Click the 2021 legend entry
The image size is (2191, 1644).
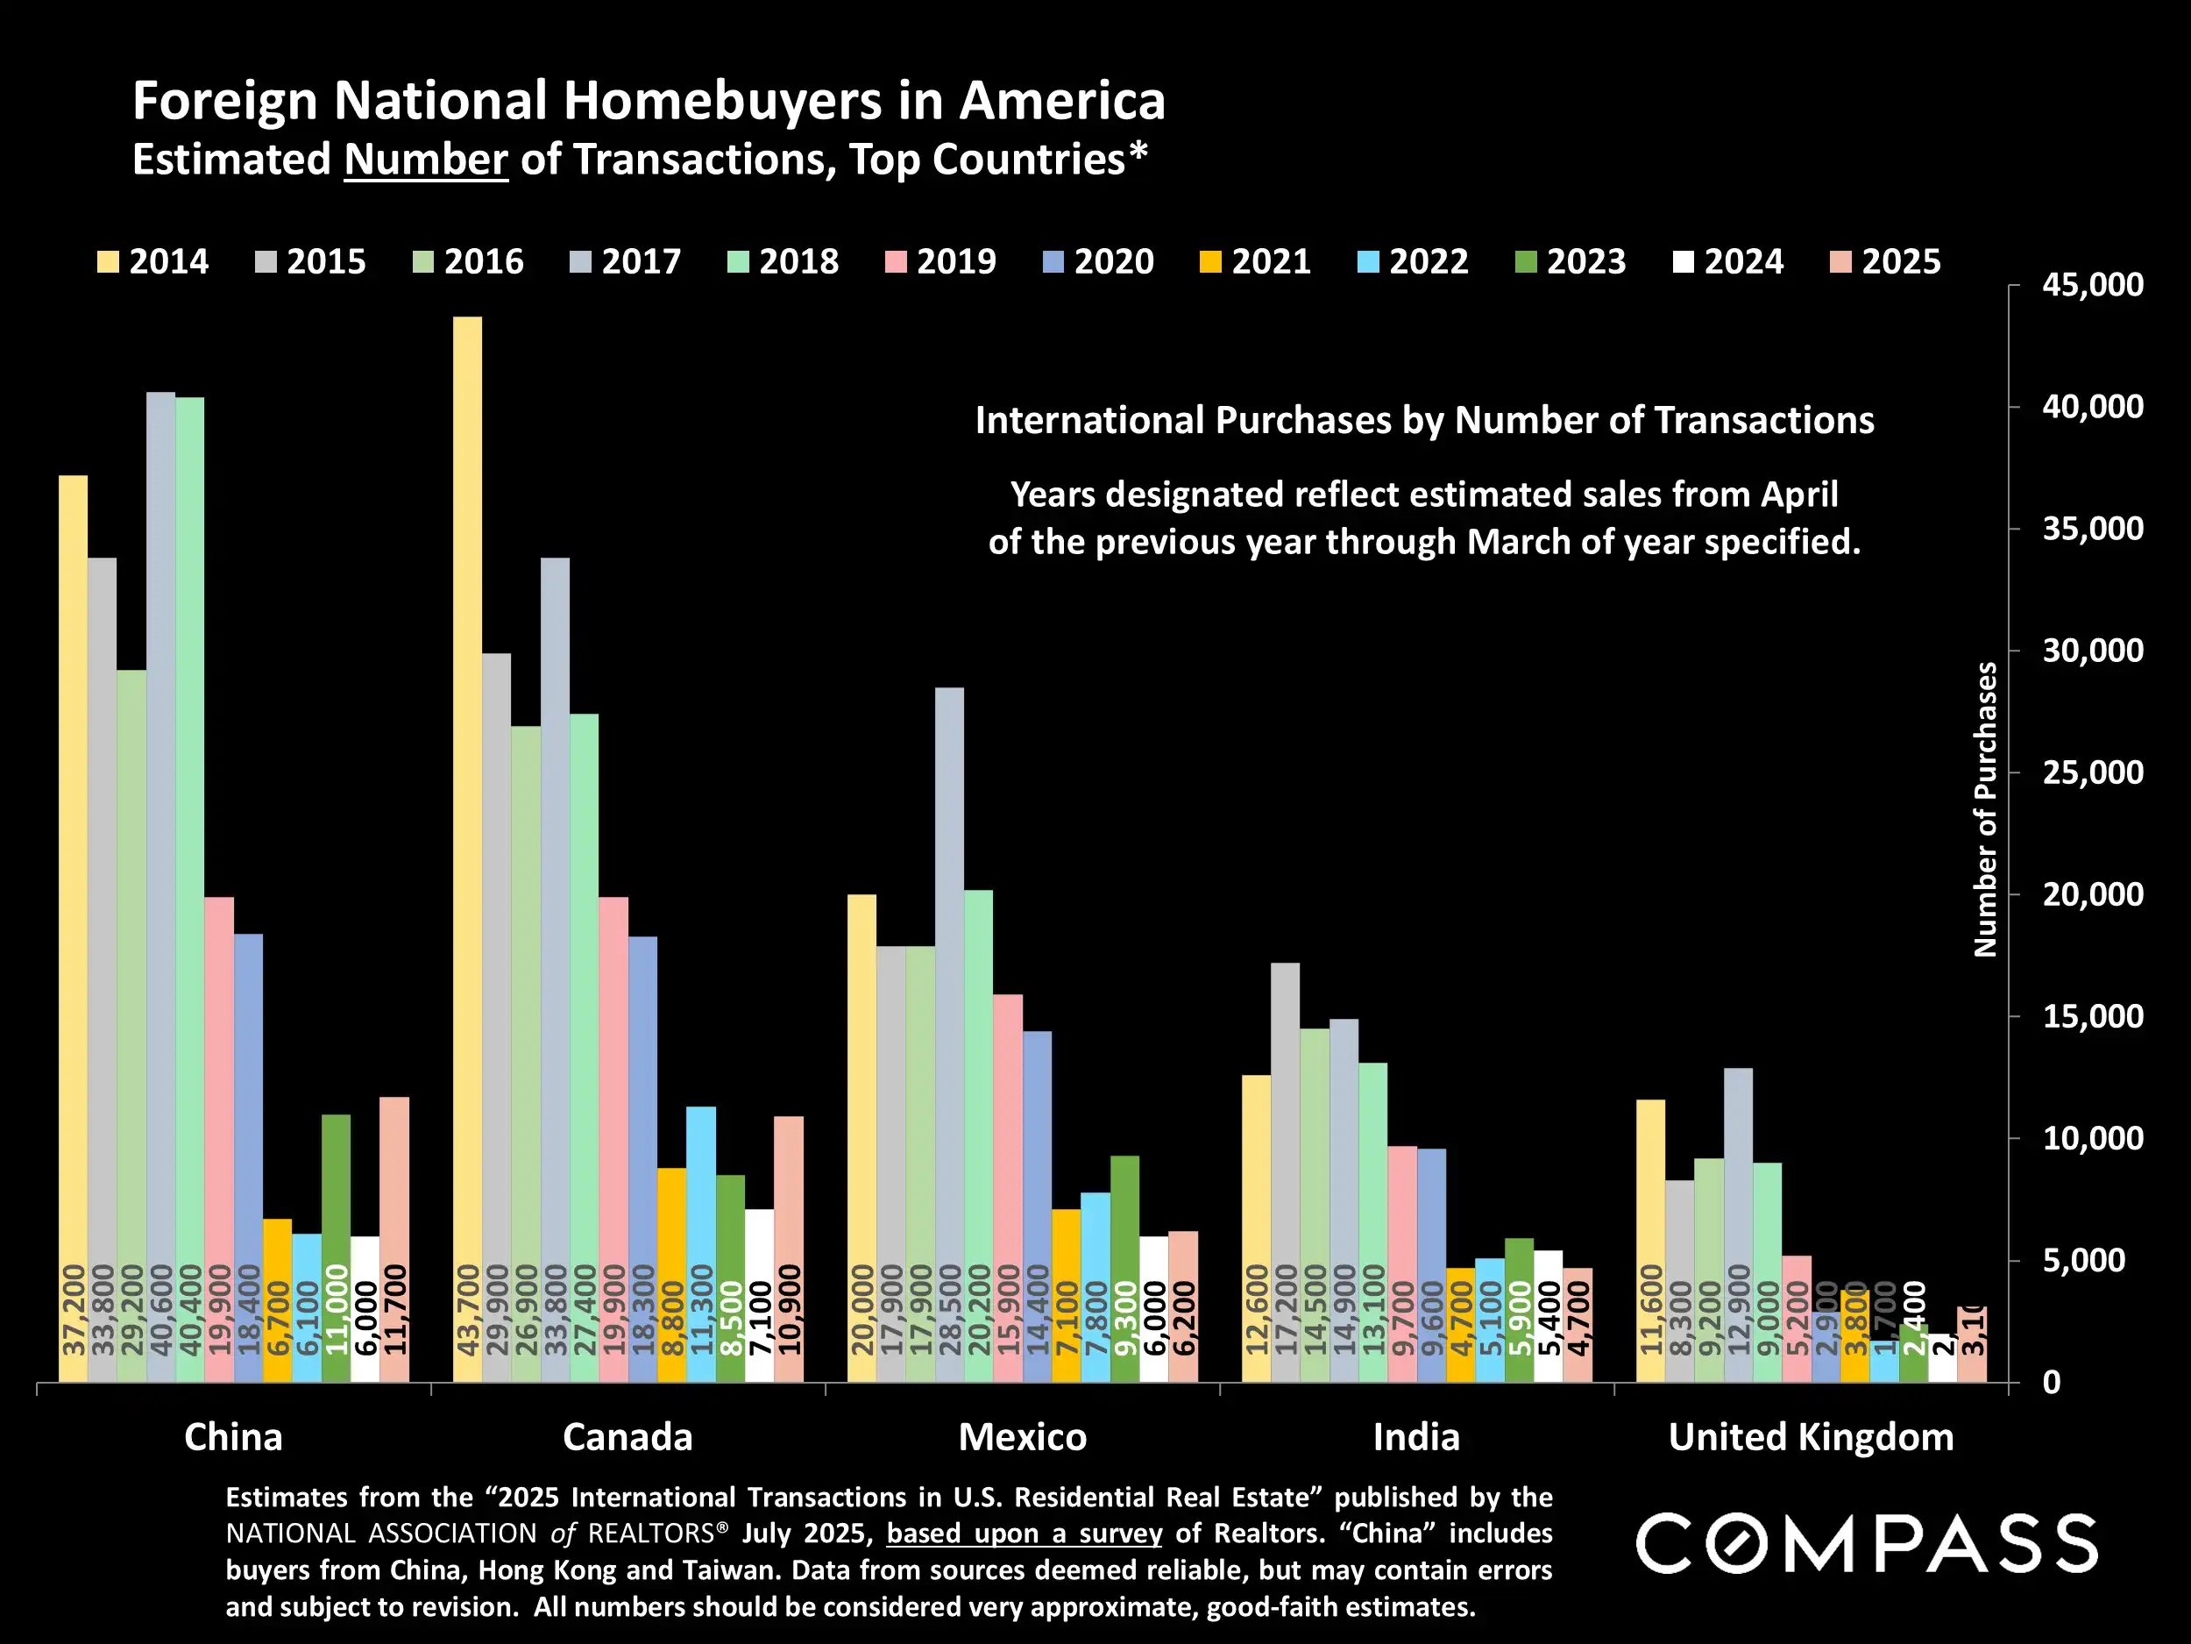point(1255,261)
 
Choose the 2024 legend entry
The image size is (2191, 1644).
point(1727,261)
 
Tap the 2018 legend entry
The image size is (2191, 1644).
point(783,261)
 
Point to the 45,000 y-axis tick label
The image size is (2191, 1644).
point(2092,285)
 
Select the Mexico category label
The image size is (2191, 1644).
point(1022,1437)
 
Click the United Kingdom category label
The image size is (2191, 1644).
point(1811,1437)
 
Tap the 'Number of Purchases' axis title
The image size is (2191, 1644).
point(1985,808)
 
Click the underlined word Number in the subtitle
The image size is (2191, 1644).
point(426,160)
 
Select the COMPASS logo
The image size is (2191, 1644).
point(1866,1543)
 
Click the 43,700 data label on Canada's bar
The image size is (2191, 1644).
point(467,1310)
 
